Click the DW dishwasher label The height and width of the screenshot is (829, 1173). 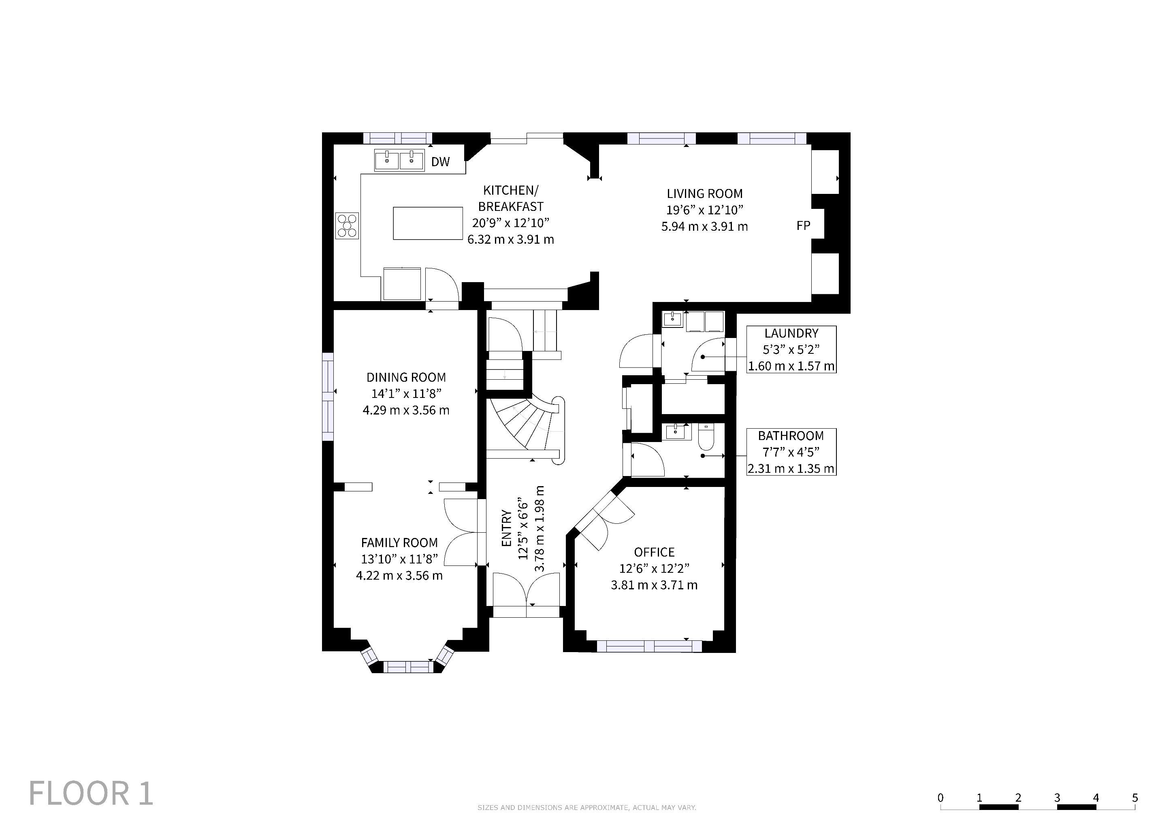click(x=440, y=162)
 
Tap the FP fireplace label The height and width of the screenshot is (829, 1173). click(x=803, y=225)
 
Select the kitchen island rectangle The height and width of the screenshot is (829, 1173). click(x=428, y=223)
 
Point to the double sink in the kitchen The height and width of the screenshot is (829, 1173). click(x=399, y=160)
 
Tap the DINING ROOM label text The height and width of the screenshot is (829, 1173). click(x=406, y=377)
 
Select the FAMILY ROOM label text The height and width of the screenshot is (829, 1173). click(x=399, y=543)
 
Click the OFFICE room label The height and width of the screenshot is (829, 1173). click(x=655, y=552)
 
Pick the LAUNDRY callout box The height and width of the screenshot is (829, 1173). click(x=791, y=350)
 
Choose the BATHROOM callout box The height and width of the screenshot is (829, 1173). click(x=791, y=452)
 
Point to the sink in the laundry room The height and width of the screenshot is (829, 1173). click(x=673, y=319)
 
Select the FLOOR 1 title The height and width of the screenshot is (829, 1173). click(x=91, y=793)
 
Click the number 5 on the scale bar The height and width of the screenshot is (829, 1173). click(x=1135, y=798)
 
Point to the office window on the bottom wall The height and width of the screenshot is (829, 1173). click(x=649, y=646)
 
